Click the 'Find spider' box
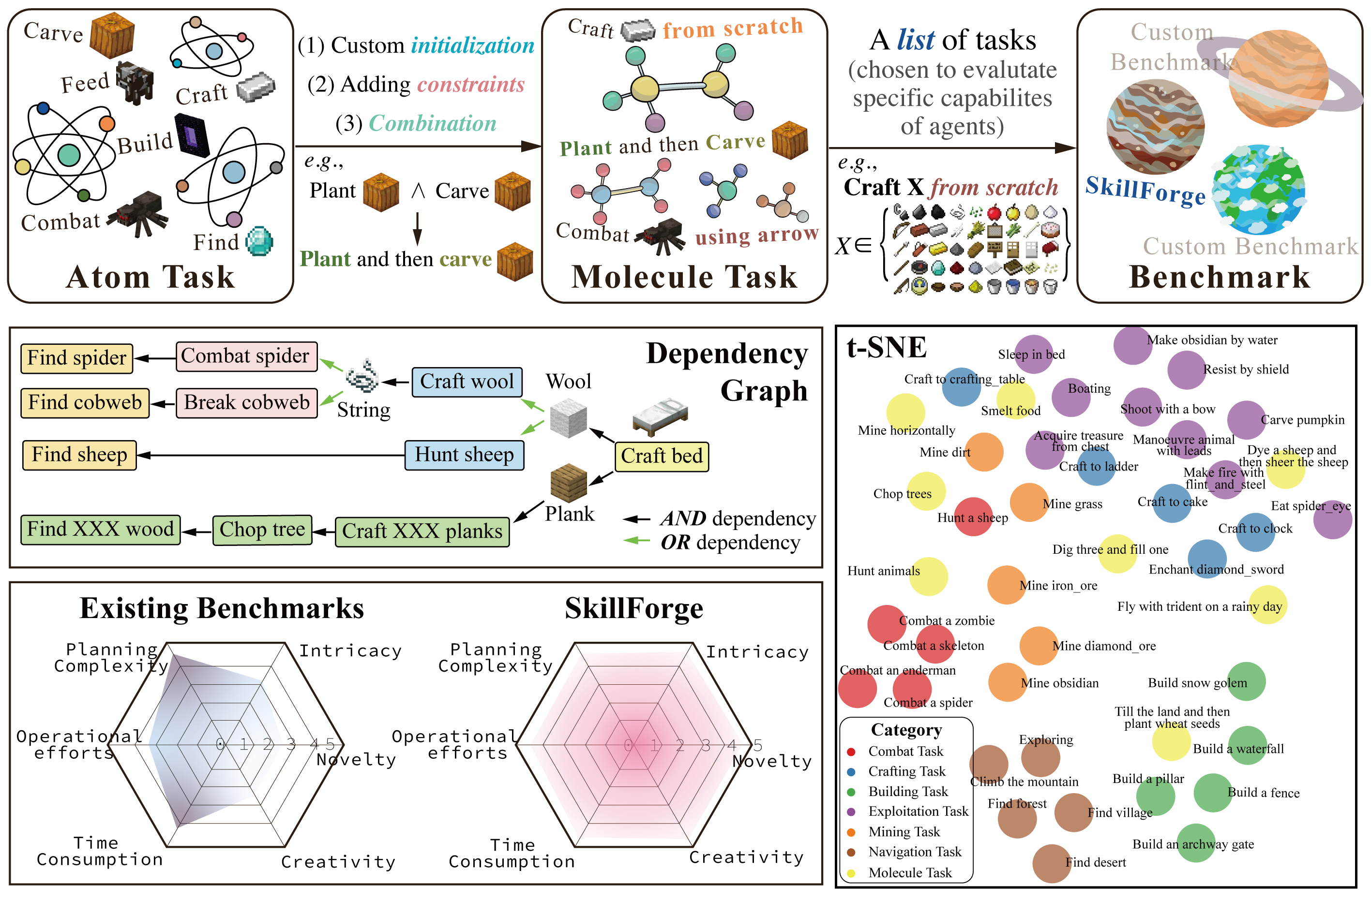(x=76, y=358)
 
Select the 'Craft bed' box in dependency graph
(x=662, y=457)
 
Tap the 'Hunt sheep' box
(x=464, y=456)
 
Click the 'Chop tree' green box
(x=262, y=530)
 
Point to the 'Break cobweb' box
(x=246, y=402)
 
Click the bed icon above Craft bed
(x=660, y=414)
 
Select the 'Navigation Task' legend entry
(x=914, y=852)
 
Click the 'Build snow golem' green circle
(x=1246, y=682)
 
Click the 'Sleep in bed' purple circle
(x=1033, y=354)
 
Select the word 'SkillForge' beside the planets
(x=1145, y=191)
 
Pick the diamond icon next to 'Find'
(x=259, y=241)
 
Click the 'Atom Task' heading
(x=151, y=277)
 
